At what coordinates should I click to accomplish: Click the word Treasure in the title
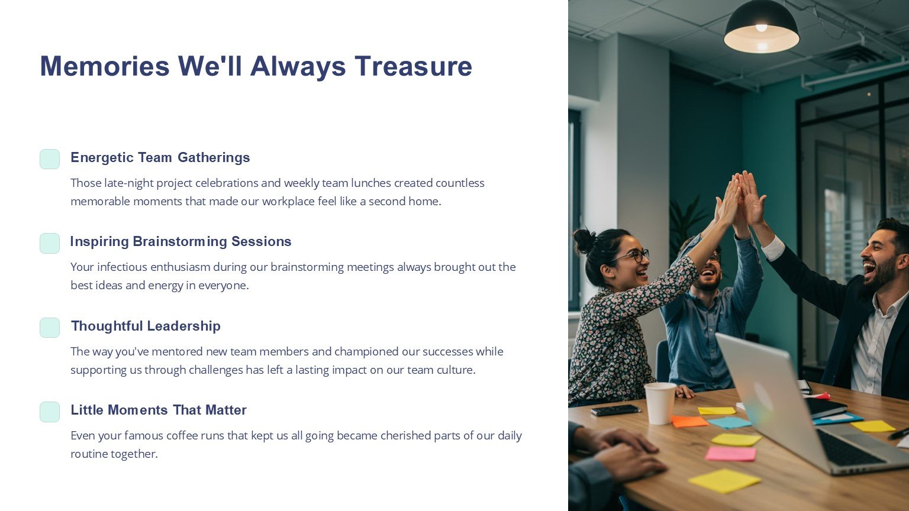[x=414, y=66]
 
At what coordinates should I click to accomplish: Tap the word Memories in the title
[x=105, y=66]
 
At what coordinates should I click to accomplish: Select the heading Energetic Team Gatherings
[x=160, y=157]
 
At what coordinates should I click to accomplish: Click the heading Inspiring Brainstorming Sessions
[x=180, y=241]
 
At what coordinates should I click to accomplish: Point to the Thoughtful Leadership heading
[x=146, y=326]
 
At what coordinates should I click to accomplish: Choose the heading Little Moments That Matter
[x=159, y=410]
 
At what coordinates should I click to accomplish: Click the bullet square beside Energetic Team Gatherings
[x=50, y=159]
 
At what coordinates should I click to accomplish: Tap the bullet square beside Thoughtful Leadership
[x=50, y=328]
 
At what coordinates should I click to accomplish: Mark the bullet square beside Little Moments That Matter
[x=50, y=412]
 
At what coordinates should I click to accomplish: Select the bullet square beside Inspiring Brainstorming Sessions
[x=50, y=243]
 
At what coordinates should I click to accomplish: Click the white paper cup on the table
[x=660, y=403]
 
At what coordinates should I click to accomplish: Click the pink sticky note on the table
[x=731, y=454]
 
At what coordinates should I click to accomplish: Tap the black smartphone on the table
[x=615, y=410]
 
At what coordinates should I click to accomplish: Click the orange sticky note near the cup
[x=689, y=421]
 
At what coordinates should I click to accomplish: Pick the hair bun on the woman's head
[x=584, y=241]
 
